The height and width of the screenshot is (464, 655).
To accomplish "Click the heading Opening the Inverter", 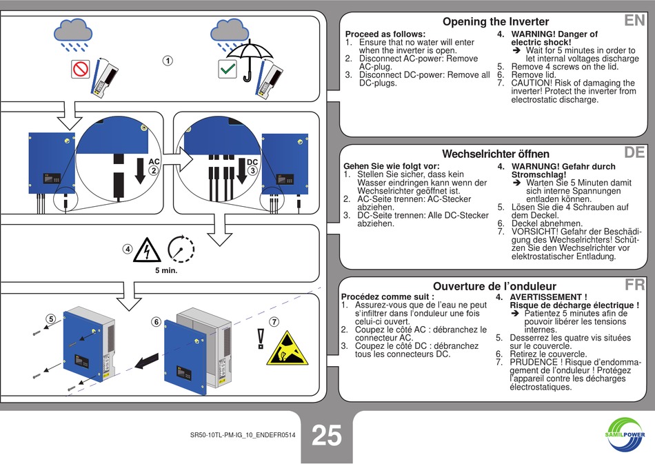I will coord(496,21).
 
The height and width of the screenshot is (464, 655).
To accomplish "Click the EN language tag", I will coord(634,21).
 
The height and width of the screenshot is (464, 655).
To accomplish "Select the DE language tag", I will coord(634,152).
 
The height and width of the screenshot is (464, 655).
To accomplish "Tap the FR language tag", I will coord(634,285).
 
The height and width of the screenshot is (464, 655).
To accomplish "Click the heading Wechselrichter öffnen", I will coord(496,154).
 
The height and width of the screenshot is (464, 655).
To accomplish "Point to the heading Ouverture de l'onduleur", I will coord(494,286).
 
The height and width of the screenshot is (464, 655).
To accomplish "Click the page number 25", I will coord(327,436).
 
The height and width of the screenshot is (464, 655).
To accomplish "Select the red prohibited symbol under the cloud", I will coord(81,69).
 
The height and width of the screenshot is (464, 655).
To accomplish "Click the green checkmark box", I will coord(227,69).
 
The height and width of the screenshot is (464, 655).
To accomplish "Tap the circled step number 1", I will coord(168,61).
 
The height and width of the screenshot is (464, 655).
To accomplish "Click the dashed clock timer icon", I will coord(181,248).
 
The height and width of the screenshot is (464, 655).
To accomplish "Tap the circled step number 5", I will coord(50,319).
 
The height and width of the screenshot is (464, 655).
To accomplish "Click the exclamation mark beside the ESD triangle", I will coord(261,337).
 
